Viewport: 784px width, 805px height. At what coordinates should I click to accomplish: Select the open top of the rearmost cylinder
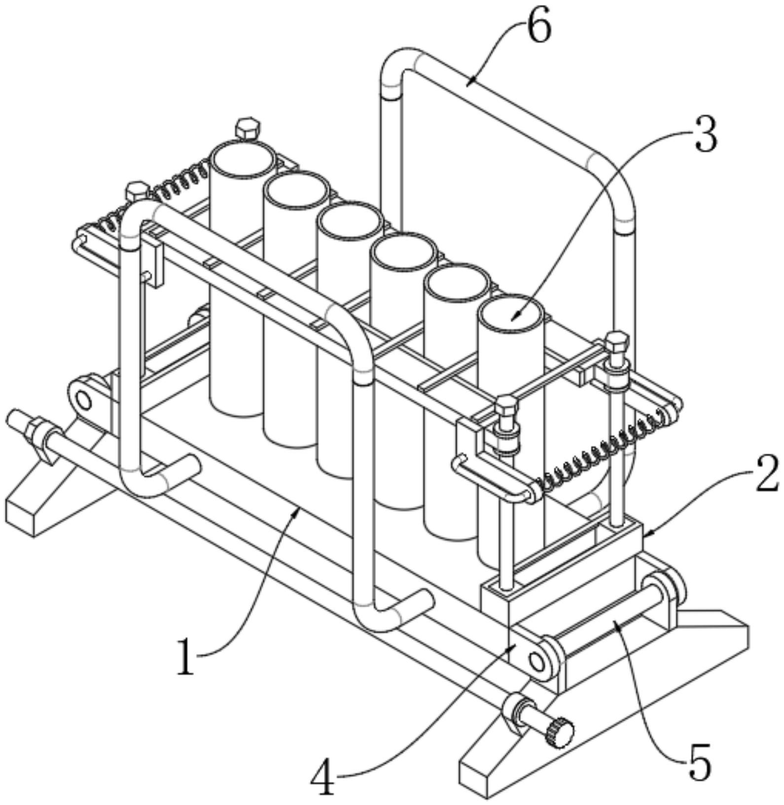243,159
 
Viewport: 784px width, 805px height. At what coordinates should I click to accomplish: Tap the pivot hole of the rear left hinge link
84,401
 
